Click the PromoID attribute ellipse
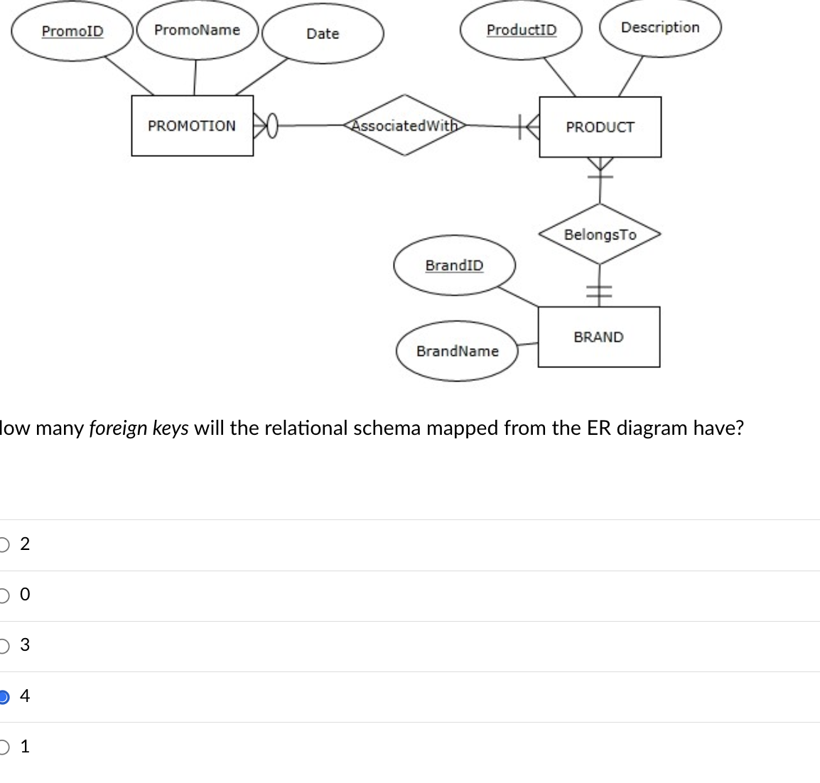point(72,32)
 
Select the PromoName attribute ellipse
point(197,31)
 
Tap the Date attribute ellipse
point(323,34)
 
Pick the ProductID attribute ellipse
point(522,31)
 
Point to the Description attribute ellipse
point(660,28)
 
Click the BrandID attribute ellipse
point(454,266)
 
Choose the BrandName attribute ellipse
point(458,351)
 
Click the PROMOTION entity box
point(192,126)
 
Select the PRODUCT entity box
point(600,127)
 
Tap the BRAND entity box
point(598,337)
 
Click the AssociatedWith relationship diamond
point(405,126)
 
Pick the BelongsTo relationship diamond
point(600,234)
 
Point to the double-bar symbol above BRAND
point(599,291)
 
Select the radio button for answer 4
point(4,696)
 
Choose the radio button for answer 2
point(4,544)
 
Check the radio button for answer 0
point(4,595)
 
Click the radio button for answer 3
point(4,645)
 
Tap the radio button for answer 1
point(4,747)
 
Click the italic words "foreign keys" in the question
point(139,428)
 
